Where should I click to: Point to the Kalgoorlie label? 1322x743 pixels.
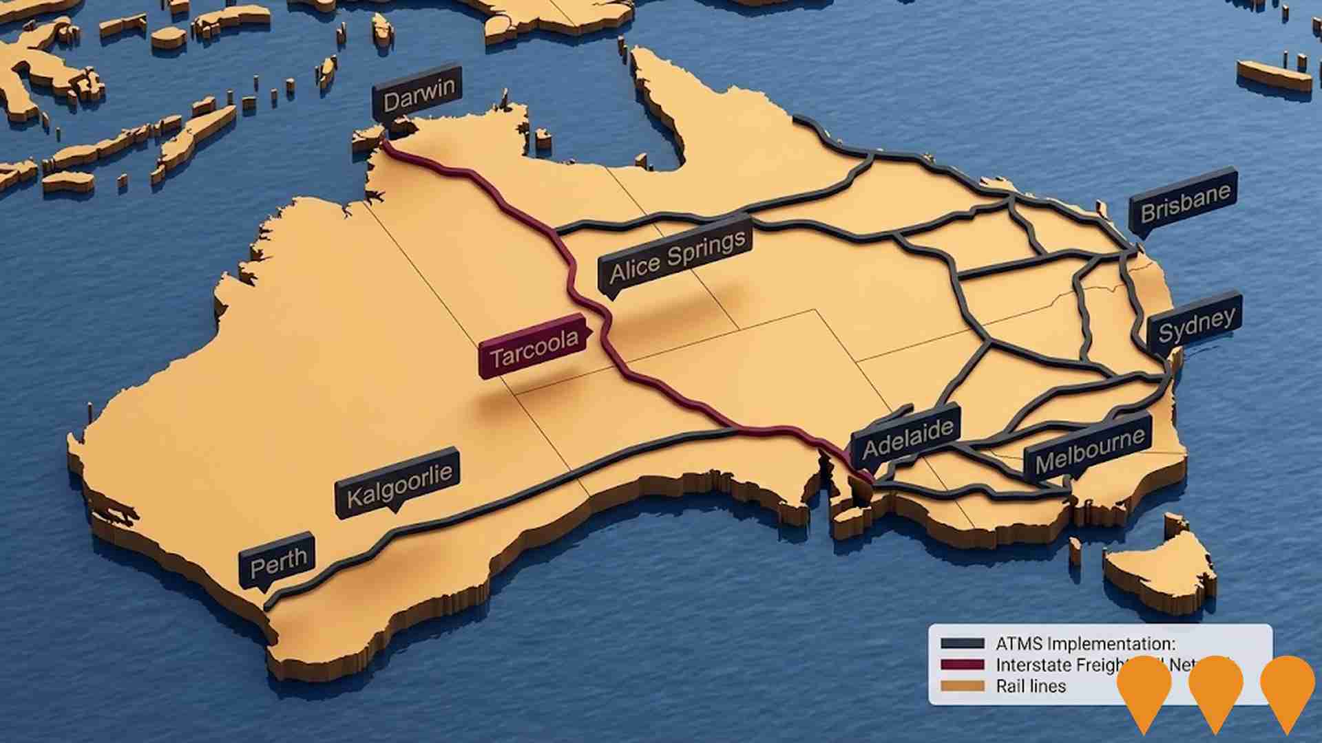point(399,483)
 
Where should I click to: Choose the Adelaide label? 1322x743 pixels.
point(908,438)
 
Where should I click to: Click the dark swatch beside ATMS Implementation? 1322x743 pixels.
point(963,644)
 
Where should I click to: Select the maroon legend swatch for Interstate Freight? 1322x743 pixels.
point(963,665)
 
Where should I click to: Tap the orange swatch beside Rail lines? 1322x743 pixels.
point(963,686)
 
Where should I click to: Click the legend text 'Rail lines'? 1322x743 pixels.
point(1031,686)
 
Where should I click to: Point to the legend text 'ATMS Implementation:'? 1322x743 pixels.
point(1085,644)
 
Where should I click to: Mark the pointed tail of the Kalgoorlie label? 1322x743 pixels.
point(395,510)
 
